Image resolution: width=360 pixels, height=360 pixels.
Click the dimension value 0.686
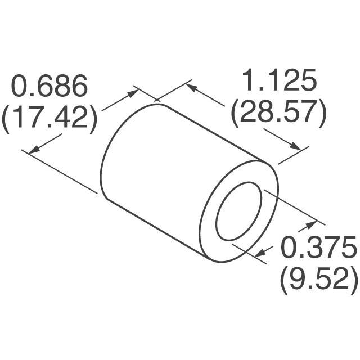click(51, 87)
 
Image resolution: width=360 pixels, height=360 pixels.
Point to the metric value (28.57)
click(278, 112)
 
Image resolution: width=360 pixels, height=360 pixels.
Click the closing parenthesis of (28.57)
click(322, 113)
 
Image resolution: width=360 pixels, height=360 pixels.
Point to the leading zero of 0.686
click(21, 87)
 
